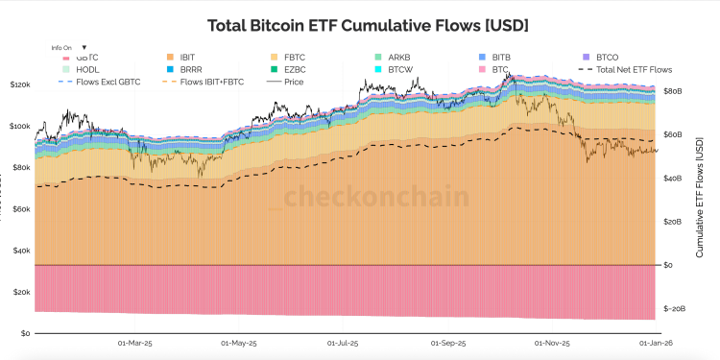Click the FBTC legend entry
(x=295, y=58)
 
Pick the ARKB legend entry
(x=398, y=58)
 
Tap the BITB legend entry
(x=501, y=58)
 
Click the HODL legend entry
(x=87, y=70)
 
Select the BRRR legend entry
(x=191, y=70)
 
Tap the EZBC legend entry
(x=295, y=70)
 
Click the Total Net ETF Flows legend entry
(x=633, y=70)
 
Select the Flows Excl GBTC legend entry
(x=107, y=83)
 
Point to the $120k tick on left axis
(x=19, y=85)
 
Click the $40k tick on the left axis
(x=20, y=251)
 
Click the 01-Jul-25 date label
(x=342, y=343)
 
